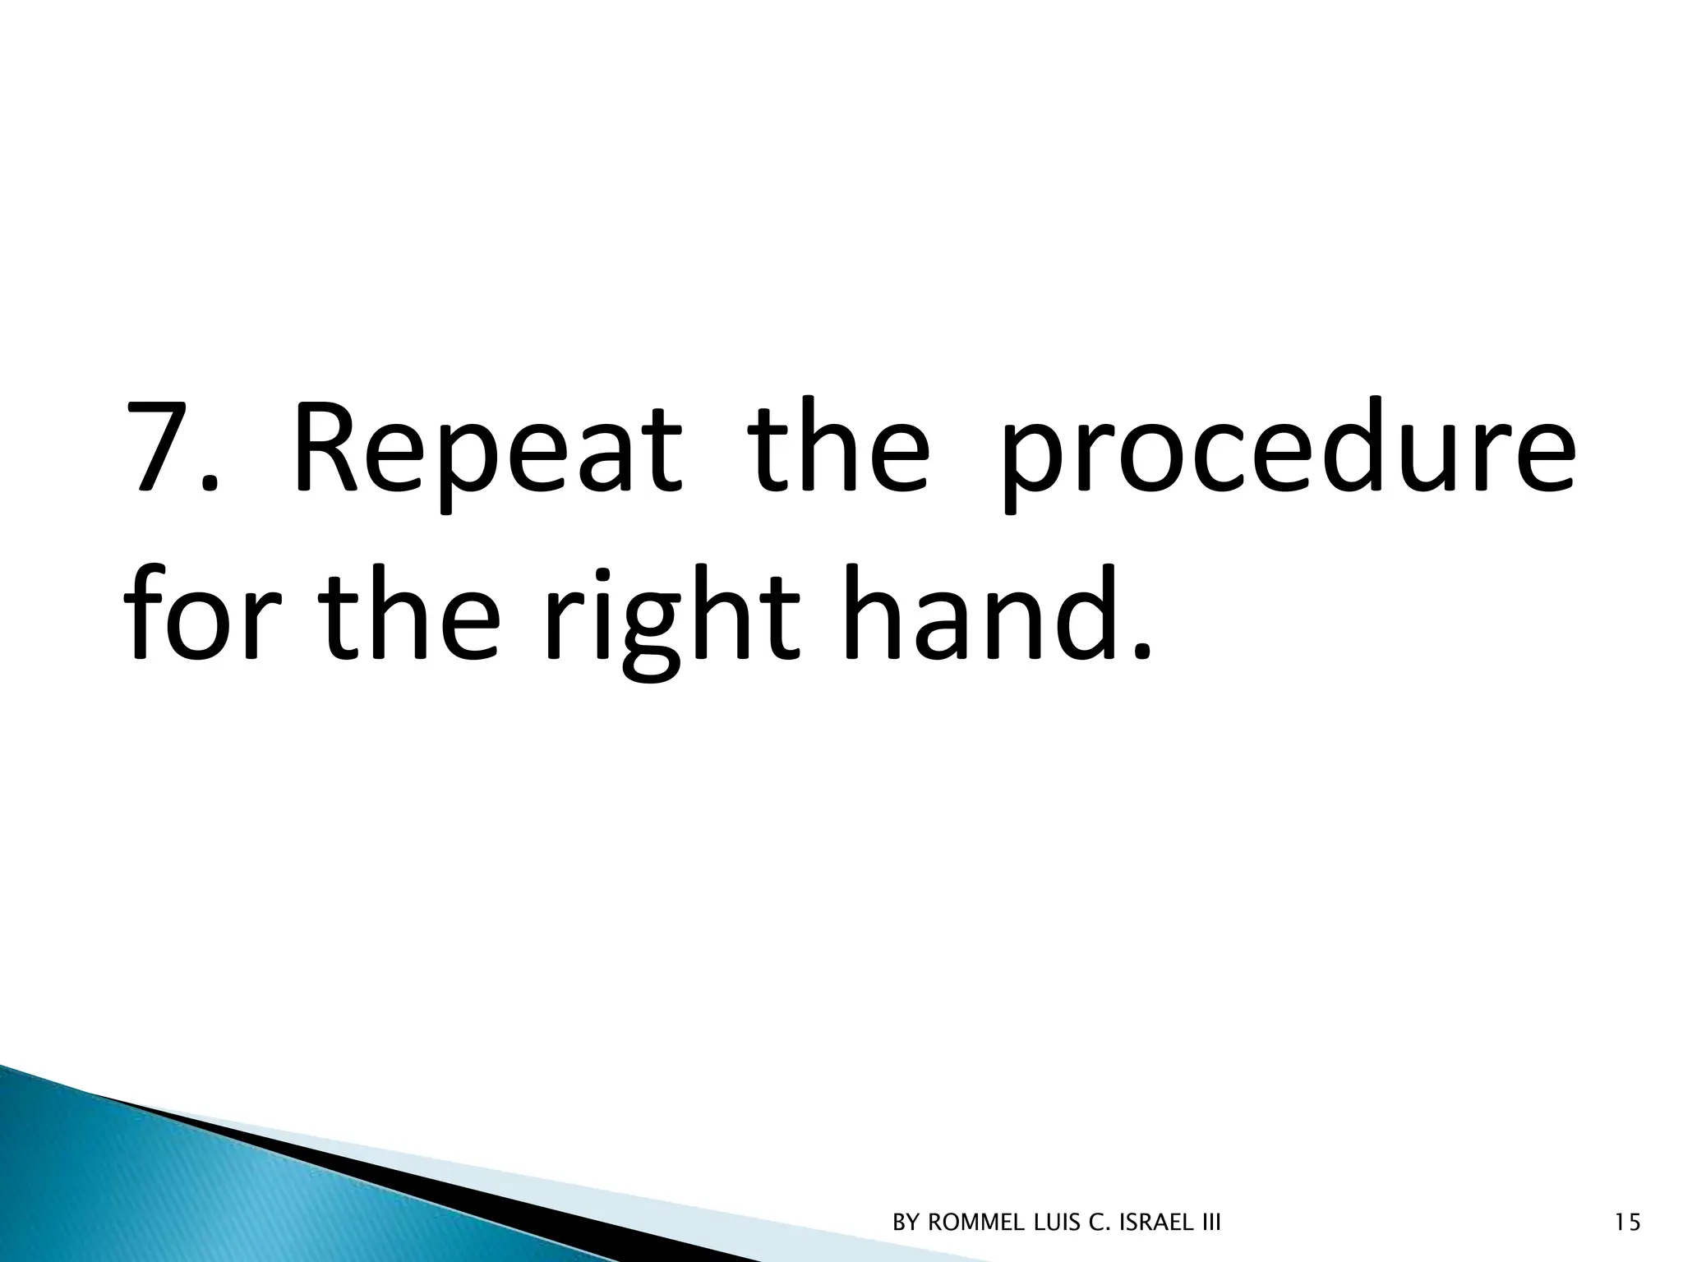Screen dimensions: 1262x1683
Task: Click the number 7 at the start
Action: click(x=161, y=448)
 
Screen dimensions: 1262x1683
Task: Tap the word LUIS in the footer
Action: click(x=1058, y=1223)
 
